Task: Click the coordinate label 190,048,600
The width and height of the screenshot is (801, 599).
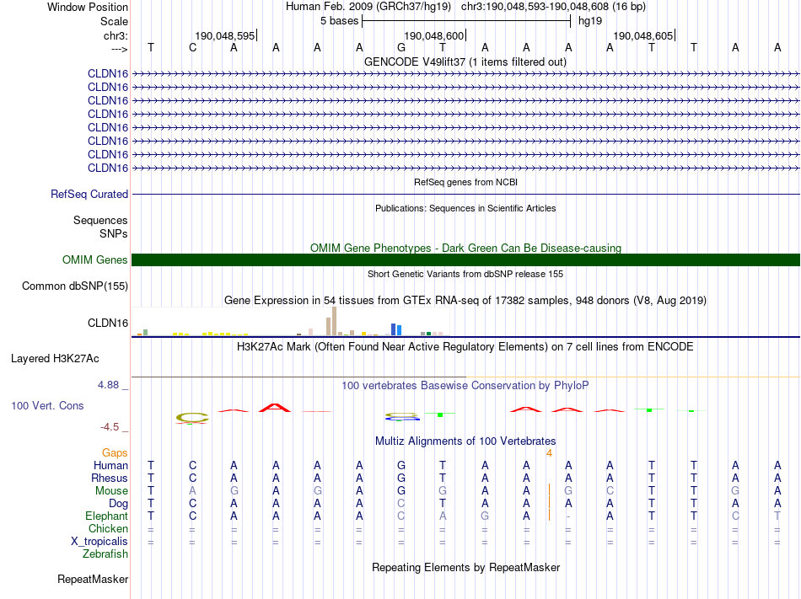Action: coord(434,35)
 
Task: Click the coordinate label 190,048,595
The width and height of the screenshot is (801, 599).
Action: coord(224,35)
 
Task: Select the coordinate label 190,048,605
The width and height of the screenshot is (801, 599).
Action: coord(643,35)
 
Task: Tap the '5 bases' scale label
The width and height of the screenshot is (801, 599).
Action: coord(339,21)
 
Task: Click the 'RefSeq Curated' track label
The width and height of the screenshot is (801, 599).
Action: coord(89,194)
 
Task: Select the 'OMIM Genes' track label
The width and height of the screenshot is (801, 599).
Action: coord(95,260)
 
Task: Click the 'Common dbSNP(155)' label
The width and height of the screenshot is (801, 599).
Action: coord(75,286)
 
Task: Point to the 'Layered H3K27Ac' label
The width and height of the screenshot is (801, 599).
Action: coord(55,358)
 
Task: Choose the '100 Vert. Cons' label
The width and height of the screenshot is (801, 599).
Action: coord(47,405)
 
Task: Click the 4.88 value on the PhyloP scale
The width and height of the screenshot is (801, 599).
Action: coord(109,385)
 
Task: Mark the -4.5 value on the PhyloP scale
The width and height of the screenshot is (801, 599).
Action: coord(110,427)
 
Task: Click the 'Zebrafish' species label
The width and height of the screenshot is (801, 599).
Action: coord(105,554)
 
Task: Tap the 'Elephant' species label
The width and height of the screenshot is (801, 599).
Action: coord(106,516)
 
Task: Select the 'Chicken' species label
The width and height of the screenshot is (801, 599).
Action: coord(109,528)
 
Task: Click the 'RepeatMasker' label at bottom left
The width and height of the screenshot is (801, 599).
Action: coord(93,580)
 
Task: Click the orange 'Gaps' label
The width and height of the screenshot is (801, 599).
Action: coord(116,452)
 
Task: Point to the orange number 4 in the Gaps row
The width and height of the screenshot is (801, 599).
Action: coord(549,452)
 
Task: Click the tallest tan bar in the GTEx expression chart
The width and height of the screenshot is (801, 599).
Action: coord(335,321)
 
